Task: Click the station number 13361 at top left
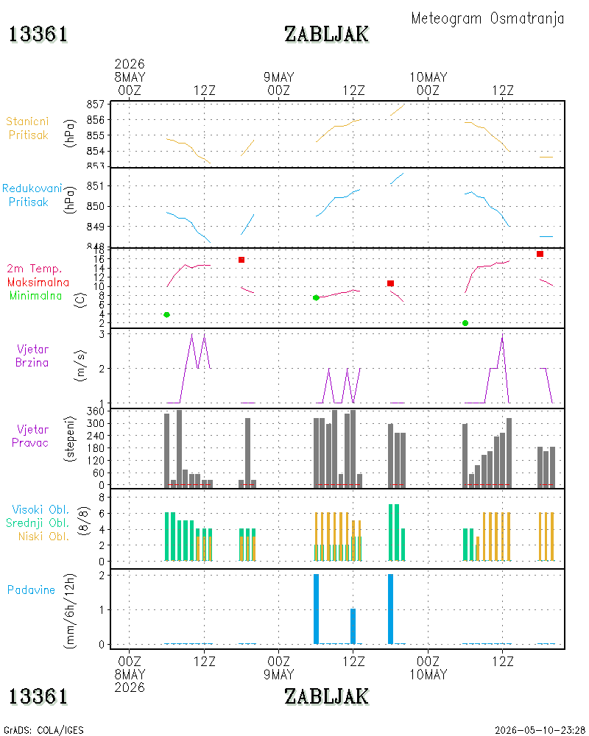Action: (x=38, y=35)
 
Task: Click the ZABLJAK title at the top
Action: (x=326, y=35)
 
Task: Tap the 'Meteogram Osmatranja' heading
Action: (x=487, y=19)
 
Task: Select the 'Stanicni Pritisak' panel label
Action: (x=28, y=128)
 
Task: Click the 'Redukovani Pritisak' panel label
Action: (x=32, y=195)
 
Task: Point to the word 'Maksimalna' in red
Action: (x=38, y=283)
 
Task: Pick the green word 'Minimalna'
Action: (x=35, y=296)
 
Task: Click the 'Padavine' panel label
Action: (x=31, y=590)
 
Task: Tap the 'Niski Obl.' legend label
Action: (x=43, y=537)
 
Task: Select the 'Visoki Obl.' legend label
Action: (x=40, y=510)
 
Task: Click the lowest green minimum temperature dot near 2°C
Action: (x=465, y=323)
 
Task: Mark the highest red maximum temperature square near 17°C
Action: (x=540, y=254)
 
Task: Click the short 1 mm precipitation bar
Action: (x=353, y=626)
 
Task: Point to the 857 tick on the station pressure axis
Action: (x=96, y=105)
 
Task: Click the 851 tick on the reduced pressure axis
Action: (x=96, y=186)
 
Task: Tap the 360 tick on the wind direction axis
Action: (x=96, y=411)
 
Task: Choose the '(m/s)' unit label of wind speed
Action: (x=81, y=366)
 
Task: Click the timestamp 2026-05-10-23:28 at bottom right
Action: (x=540, y=730)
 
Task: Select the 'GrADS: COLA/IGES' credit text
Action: (x=43, y=730)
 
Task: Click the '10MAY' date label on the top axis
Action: (x=428, y=77)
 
